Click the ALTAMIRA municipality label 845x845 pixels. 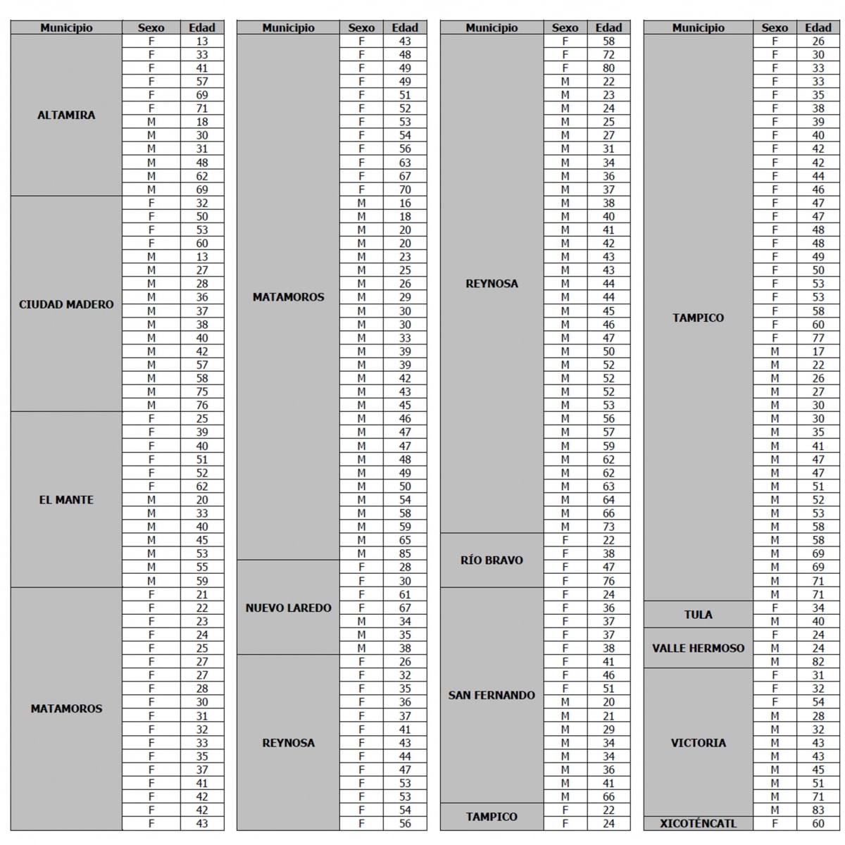coord(66,115)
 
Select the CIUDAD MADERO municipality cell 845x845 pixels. coord(66,304)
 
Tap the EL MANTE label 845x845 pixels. coord(66,500)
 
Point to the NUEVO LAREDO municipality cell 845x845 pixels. coord(288,608)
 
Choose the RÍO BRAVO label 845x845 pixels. coord(492,561)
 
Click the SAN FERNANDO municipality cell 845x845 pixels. coord(492,695)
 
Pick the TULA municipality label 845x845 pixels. coord(698,615)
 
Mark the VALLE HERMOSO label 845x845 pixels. coord(698,648)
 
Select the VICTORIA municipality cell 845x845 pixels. coord(698,743)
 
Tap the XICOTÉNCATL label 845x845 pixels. coord(698,823)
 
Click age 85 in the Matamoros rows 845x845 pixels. coord(405,553)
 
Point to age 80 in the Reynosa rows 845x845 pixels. coord(608,68)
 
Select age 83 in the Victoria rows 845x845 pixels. coord(818,810)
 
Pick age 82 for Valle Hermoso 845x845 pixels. coord(818,662)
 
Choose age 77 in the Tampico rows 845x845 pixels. coord(818,338)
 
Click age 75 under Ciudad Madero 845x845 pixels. coord(202,392)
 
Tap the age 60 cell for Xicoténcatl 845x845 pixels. coord(818,823)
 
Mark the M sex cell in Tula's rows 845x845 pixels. coord(775,621)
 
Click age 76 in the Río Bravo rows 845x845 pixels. coord(608,581)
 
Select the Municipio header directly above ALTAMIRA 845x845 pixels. coord(66,28)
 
